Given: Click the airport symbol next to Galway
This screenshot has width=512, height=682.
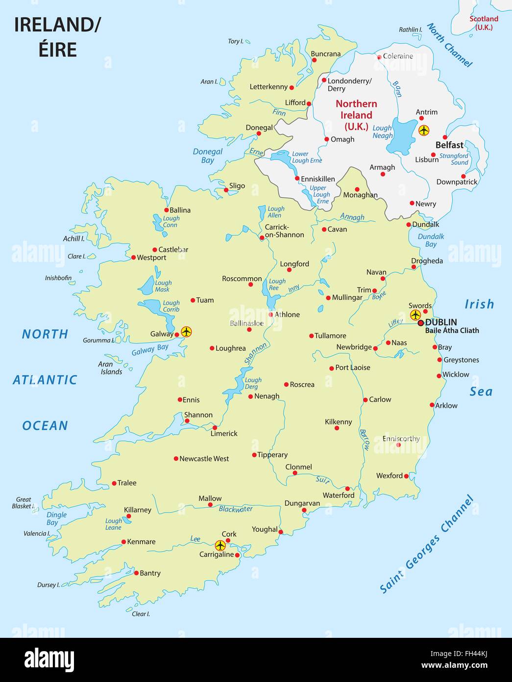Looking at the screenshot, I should (186, 332).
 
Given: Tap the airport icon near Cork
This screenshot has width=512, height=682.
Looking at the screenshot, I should (220, 545).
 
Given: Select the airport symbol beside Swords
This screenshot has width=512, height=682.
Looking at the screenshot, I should (415, 315).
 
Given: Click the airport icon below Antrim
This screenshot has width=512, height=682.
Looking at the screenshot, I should (424, 131).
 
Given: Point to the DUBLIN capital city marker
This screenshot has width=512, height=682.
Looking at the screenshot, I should (420, 323).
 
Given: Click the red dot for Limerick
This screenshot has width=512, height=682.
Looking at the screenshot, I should (215, 427).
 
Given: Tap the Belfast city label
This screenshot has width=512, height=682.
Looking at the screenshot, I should (449, 145).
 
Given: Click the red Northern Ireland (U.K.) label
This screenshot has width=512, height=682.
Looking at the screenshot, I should (356, 115).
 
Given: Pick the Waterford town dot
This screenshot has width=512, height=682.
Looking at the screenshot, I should (347, 488).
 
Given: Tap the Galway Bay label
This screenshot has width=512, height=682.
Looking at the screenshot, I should (150, 350).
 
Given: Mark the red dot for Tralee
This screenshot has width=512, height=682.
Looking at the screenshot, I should (114, 483).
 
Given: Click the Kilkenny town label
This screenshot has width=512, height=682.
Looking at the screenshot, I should (339, 422).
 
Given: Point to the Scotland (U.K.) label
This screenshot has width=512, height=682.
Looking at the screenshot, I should (484, 23).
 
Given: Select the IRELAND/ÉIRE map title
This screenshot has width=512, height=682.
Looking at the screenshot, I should (57, 37).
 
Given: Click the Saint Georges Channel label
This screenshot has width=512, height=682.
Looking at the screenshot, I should (427, 545).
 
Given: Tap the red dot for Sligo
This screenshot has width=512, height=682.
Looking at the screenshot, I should (226, 190).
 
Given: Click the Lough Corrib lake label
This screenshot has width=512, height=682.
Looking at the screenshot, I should (171, 306).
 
